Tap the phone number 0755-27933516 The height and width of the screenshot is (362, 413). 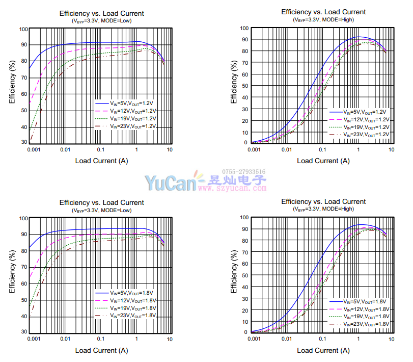click(243, 172)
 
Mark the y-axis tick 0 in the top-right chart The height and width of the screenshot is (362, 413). click(245, 143)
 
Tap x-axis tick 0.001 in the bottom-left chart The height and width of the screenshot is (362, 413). click(33, 339)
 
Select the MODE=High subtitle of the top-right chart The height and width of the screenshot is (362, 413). click(323, 20)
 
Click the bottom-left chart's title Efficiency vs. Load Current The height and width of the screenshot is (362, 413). click(102, 202)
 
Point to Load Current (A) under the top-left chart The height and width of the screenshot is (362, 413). click(102, 161)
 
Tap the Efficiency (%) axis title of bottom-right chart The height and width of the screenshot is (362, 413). click(234, 273)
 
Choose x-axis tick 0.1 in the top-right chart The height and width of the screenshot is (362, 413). click(322, 149)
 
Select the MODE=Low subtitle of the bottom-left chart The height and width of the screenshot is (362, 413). click(102, 210)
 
